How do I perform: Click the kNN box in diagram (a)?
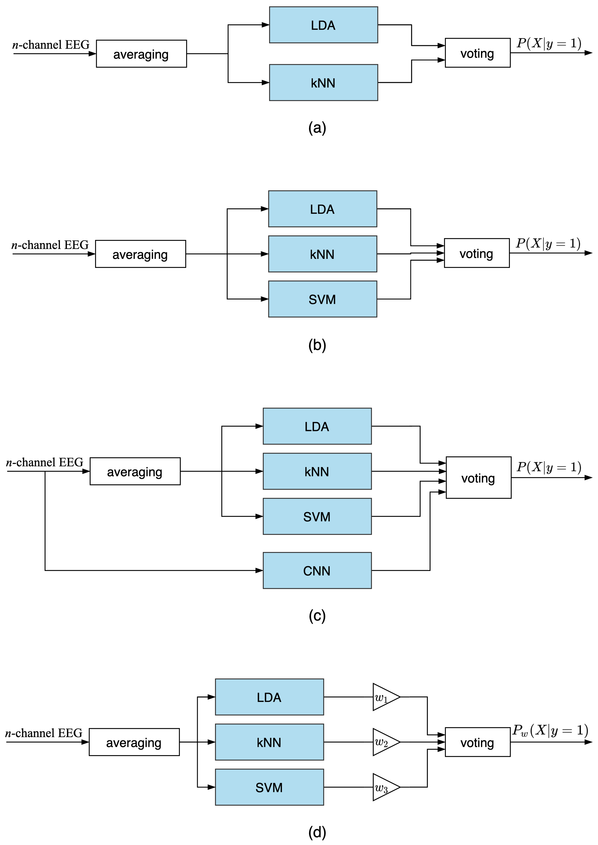pos(323,83)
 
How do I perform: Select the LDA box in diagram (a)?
pos(323,25)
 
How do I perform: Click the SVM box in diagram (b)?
pos(323,299)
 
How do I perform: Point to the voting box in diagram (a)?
pos(478,53)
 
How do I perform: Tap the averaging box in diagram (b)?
pos(140,254)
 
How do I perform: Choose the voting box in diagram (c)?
pos(478,478)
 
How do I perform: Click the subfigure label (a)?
pos(317,128)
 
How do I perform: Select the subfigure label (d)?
pos(317,832)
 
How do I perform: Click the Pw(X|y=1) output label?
pos(550,730)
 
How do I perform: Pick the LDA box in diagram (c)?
pos(317,426)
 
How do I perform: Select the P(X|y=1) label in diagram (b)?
pos(548,244)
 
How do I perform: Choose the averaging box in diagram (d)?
pos(134,742)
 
